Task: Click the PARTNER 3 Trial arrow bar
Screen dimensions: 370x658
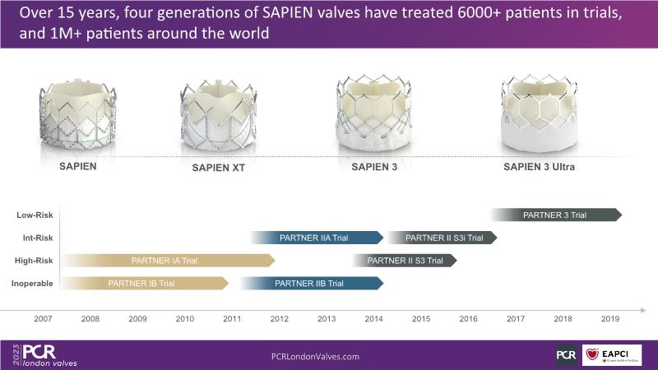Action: pos(556,215)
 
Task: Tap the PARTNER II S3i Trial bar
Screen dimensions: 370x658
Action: pos(442,238)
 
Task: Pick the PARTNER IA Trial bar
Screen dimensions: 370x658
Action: pos(168,261)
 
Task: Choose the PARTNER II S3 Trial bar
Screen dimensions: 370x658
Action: pos(405,261)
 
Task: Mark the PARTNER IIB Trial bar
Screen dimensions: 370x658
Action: pos(311,284)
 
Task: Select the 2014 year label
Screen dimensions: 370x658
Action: pos(373,318)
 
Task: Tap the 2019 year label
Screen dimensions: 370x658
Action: pos(610,318)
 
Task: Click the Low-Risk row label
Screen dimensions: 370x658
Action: pos(35,215)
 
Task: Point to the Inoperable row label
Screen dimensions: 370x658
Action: pos(33,284)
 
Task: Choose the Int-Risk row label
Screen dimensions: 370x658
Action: pos(36,238)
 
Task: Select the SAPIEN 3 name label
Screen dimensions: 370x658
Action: pos(375,167)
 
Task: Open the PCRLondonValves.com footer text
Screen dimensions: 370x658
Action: pos(315,356)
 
